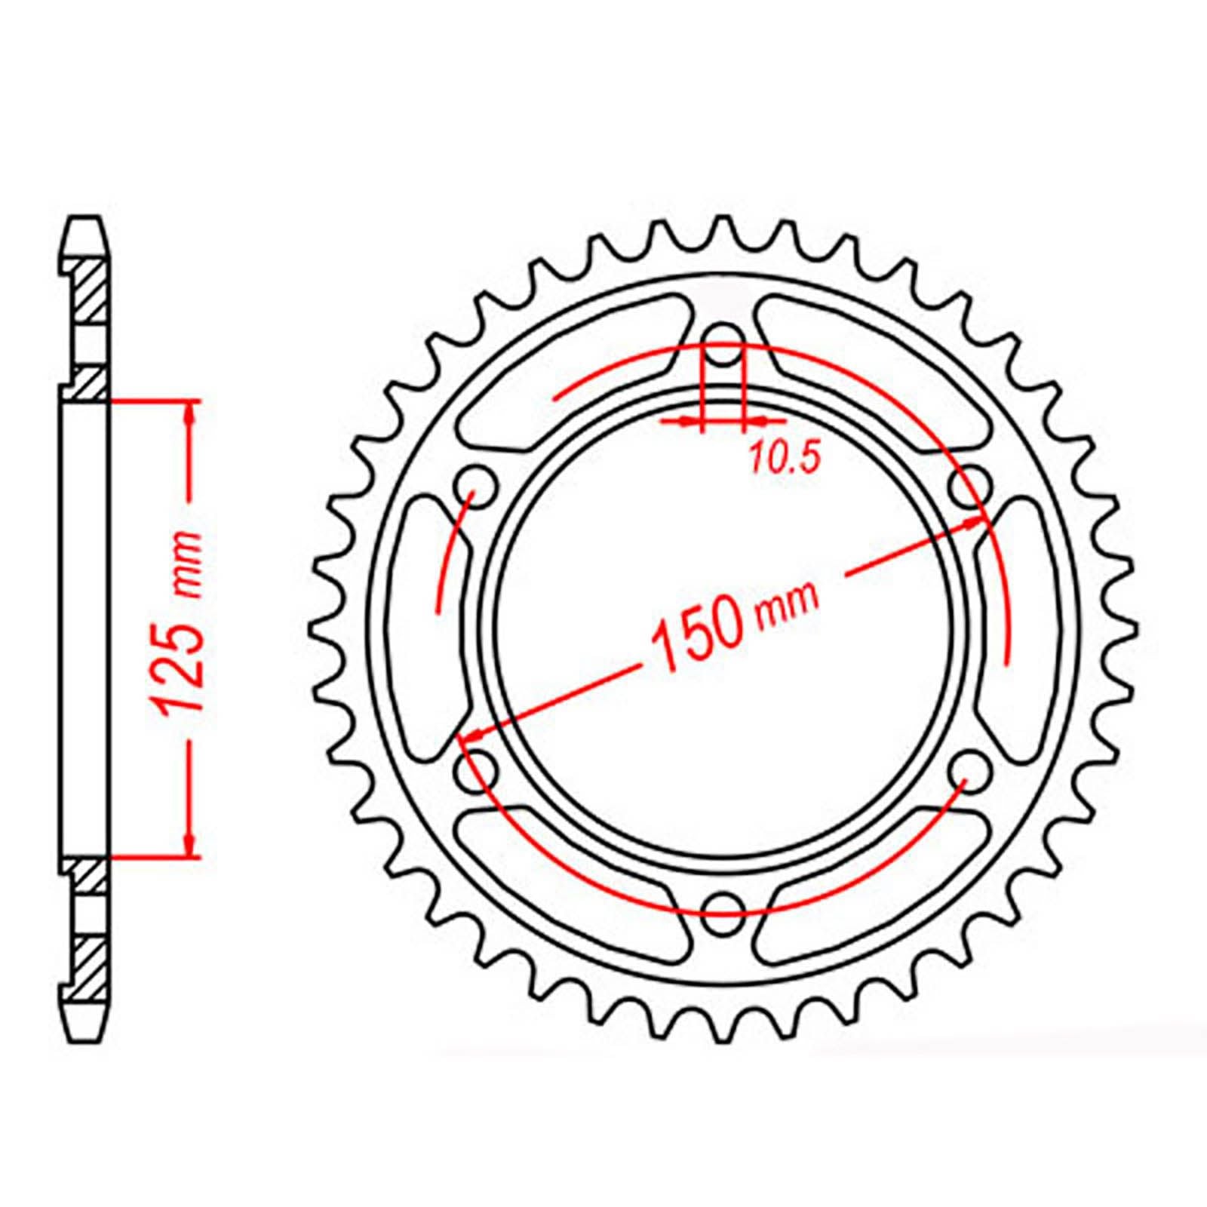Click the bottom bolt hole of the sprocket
coord(723,906)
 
